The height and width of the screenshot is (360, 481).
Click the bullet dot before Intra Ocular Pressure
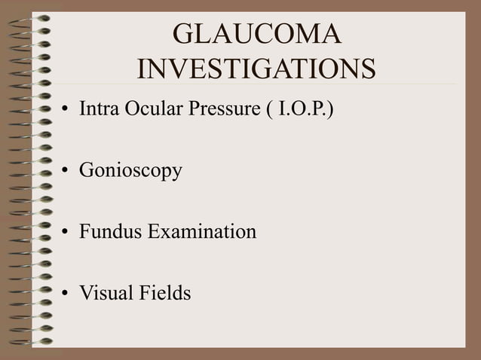coord(66,113)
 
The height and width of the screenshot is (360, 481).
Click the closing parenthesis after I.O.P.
coord(329,111)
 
